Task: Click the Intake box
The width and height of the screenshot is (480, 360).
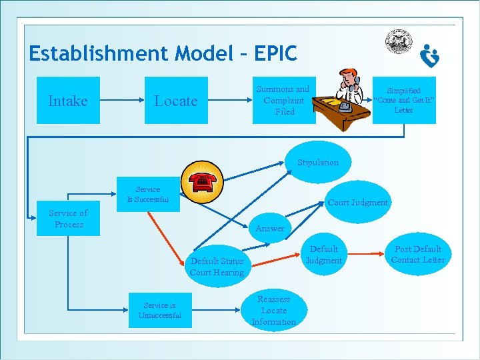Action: pos(68,101)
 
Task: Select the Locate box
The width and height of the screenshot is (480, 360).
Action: pos(176,101)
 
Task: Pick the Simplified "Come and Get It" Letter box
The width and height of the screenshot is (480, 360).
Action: pos(404,100)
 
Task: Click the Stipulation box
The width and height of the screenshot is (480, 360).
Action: pos(318,163)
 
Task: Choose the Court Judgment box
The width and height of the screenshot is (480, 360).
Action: pos(358,202)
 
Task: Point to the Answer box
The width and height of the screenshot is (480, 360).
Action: pos(270,228)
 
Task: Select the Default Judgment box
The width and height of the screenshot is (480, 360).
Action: pos(324,255)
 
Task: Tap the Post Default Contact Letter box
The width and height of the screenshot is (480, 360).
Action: pos(418,254)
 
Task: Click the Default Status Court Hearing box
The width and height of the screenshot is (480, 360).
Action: pos(217,266)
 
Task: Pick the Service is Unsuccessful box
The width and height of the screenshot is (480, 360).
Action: pos(160,310)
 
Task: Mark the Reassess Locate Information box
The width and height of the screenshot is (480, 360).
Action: pos(274,311)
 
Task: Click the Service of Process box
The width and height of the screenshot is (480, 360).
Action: pos(69,219)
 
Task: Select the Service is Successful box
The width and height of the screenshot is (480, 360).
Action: pos(148,195)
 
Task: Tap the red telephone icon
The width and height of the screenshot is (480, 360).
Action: pos(201,181)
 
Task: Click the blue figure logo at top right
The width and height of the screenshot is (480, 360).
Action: pos(430,57)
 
